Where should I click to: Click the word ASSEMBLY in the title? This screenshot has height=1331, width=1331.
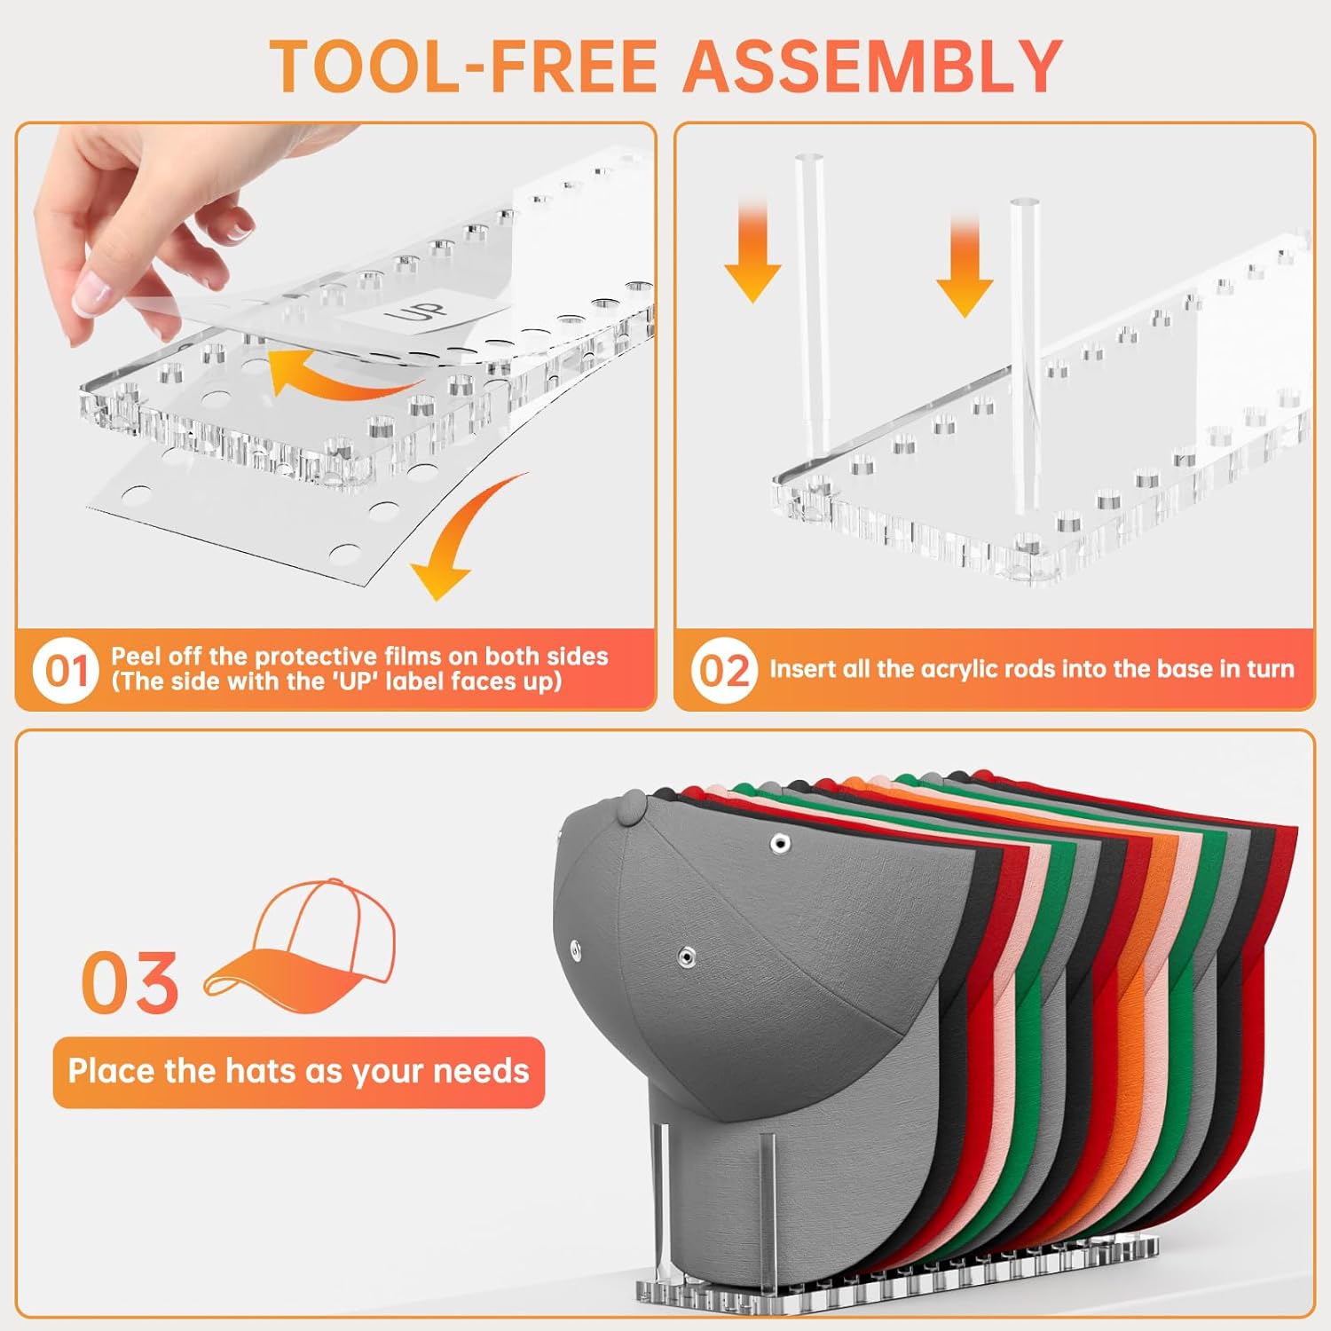click(872, 67)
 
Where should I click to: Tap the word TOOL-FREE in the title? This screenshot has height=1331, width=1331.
click(464, 67)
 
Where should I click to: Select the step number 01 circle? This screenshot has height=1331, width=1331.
click(67, 671)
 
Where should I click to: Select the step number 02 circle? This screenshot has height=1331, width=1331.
click(724, 671)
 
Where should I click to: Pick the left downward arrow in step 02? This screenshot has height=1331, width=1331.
click(752, 253)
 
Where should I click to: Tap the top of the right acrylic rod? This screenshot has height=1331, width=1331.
click(1024, 203)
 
